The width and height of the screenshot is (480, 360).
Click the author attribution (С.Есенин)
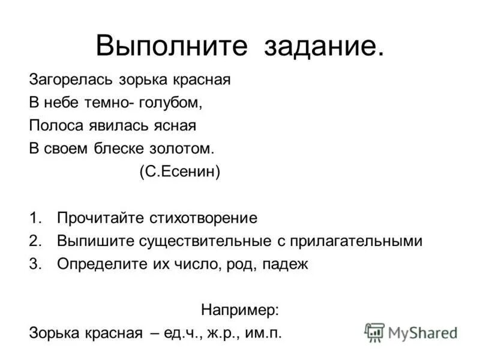pyautogui.click(x=180, y=172)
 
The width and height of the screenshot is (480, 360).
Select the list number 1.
pyautogui.click(x=33, y=218)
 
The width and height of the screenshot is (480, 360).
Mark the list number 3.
pyautogui.click(x=33, y=265)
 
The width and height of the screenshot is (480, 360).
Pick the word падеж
pyautogui.click(x=286, y=265)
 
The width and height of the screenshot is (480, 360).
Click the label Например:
pyautogui.click(x=240, y=310)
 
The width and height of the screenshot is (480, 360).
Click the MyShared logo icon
pyautogui.click(x=374, y=332)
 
